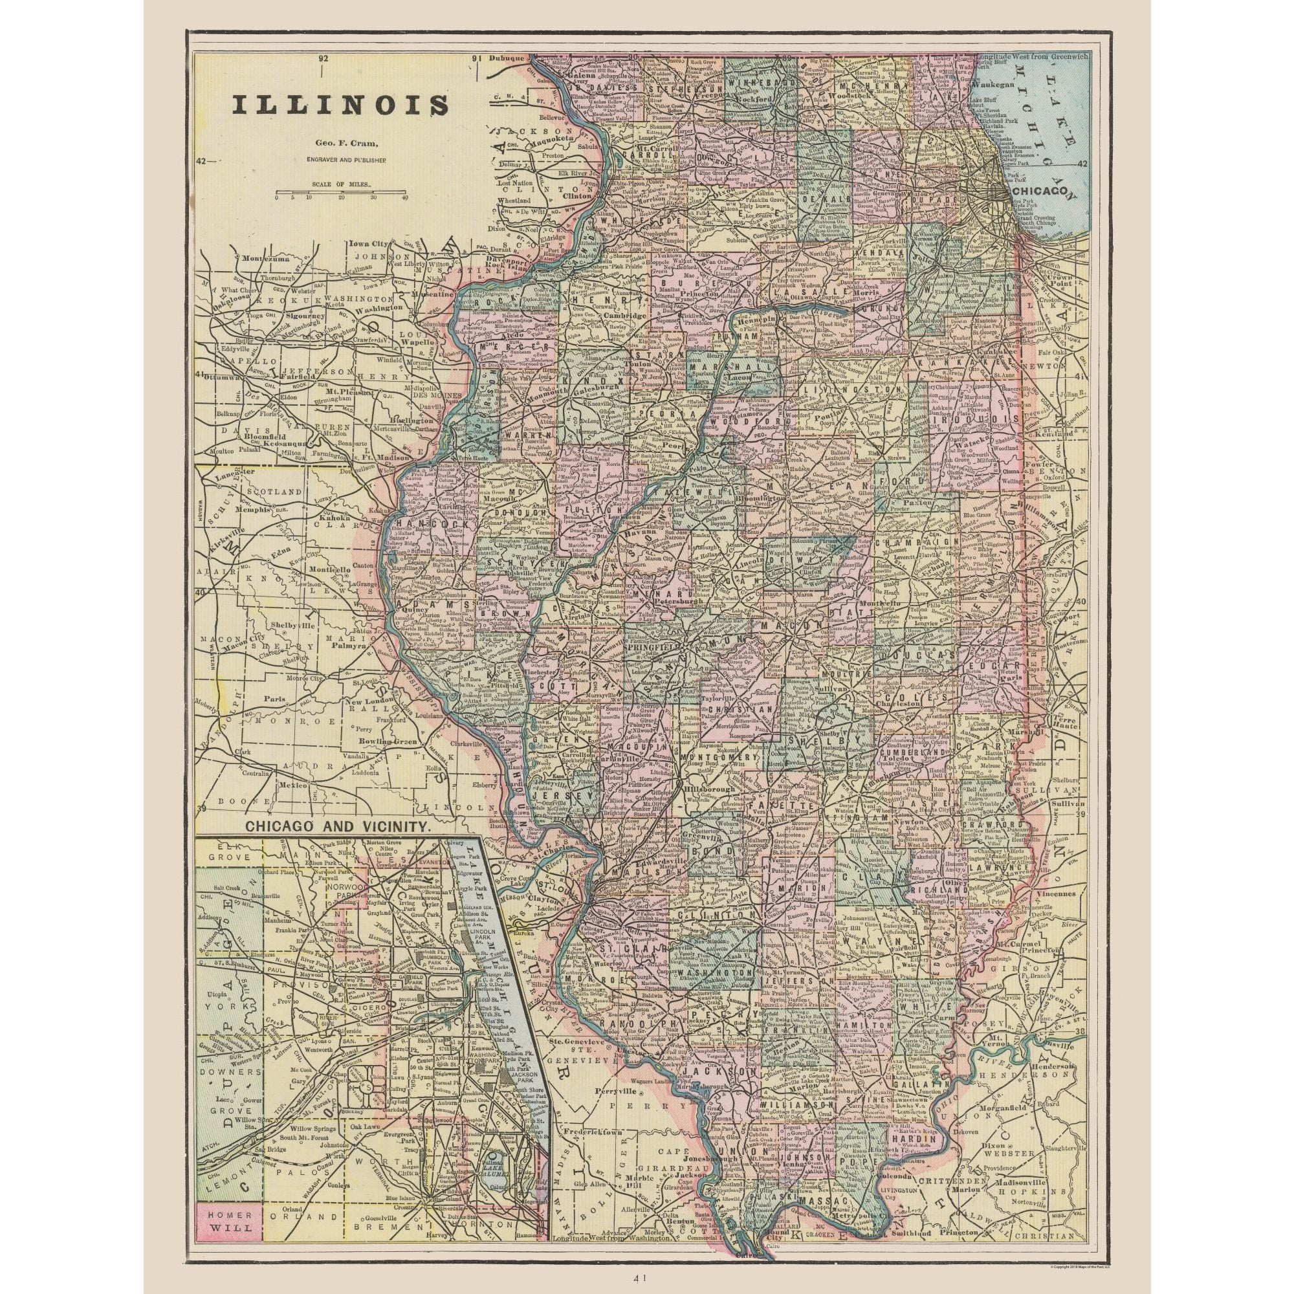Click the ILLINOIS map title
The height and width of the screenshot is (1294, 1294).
(341, 107)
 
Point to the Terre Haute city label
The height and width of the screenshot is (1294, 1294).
(1064, 725)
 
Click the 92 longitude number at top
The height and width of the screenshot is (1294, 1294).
(324, 59)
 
